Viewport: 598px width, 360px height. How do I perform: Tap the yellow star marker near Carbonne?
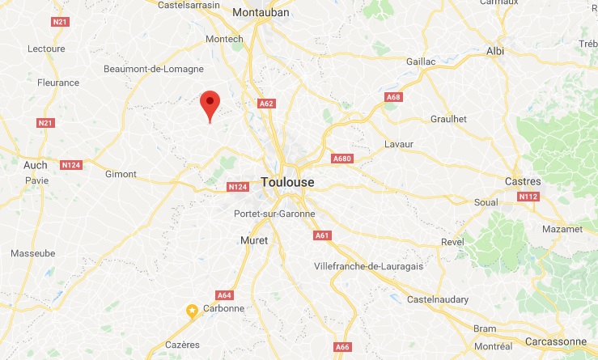click(193, 310)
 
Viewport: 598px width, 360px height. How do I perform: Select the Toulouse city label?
click(287, 183)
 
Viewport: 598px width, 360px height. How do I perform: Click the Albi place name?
click(494, 51)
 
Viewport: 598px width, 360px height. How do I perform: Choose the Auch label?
click(36, 165)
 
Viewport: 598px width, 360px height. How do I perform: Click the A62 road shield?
click(267, 104)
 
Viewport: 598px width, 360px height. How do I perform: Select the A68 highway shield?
click(393, 97)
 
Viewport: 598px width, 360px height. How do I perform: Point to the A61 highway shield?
click(321, 235)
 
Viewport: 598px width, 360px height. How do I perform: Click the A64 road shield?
click(225, 294)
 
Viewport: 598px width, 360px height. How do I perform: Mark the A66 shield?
click(343, 347)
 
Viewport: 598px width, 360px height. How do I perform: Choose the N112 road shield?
click(528, 197)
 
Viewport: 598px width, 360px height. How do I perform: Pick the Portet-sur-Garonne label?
click(274, 214)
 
